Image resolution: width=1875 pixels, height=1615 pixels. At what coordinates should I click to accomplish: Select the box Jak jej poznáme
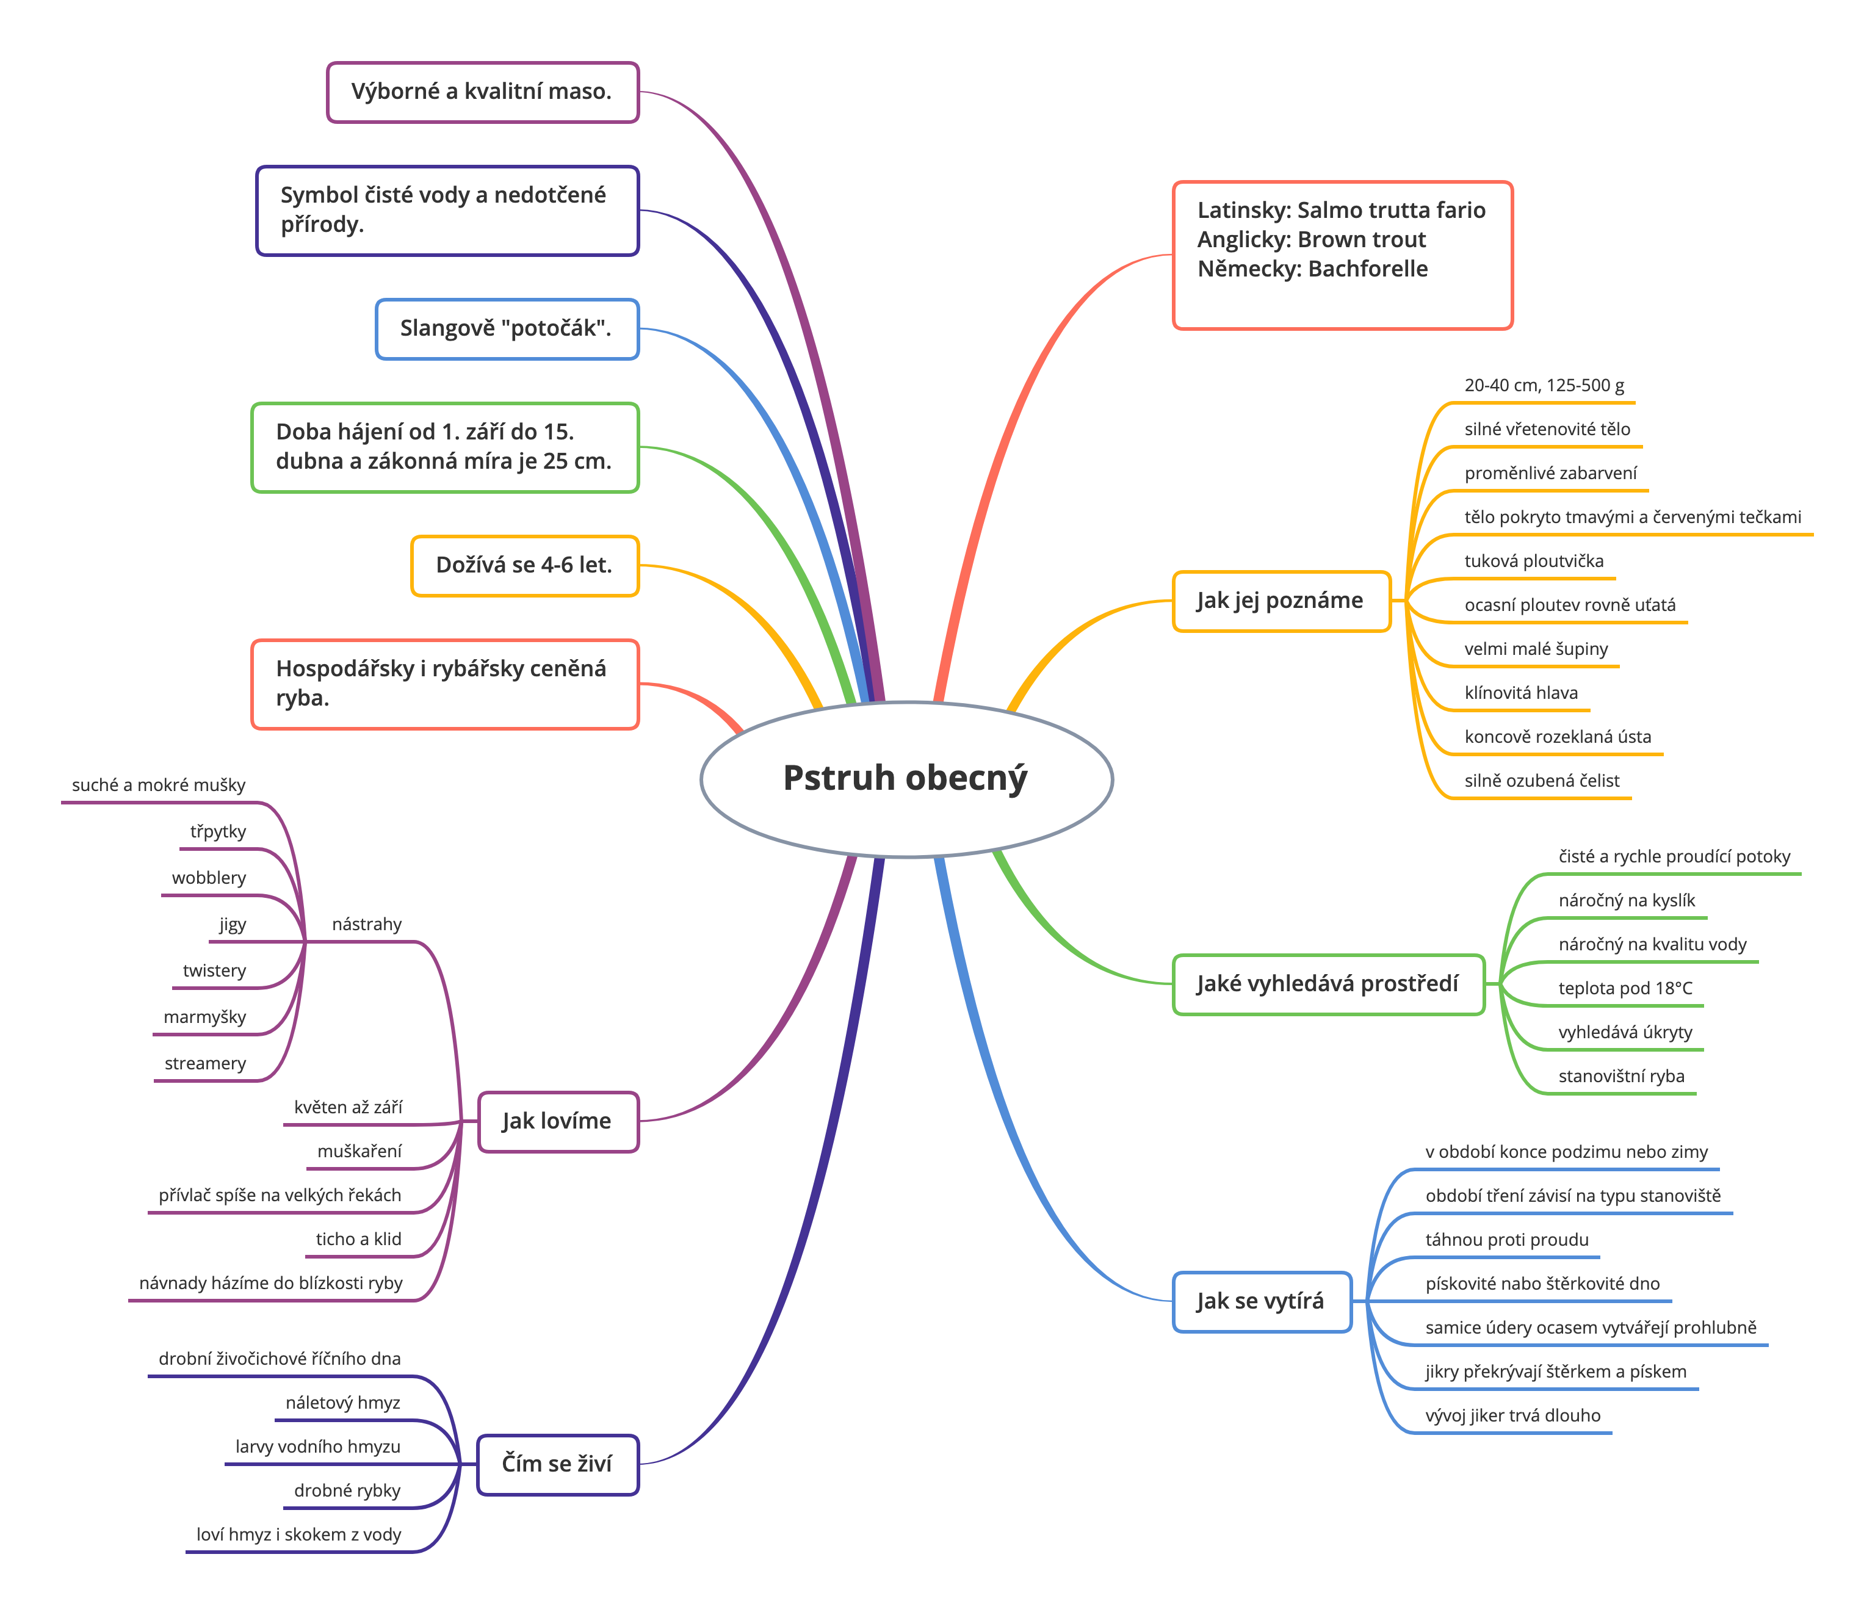pyautogui.click(x=1281, y=601)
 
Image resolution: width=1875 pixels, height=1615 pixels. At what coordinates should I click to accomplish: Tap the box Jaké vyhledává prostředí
pyautogui.click(x=1328, y=985)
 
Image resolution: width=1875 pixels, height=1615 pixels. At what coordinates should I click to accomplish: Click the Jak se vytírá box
pyautogui.click(x=1262, y=1301)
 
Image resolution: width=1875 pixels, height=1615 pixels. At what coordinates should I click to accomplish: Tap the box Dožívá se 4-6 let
pyautogui.click(x=525, y=565)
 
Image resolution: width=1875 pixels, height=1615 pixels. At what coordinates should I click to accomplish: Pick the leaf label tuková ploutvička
pyautogui.click(x=1534, y=561)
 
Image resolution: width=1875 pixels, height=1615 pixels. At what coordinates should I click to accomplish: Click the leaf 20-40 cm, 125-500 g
pyautogui.click(x=1550, y=385)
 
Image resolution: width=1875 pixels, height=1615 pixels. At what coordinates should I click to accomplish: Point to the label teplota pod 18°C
pyautogui.click(x=1625, y=988)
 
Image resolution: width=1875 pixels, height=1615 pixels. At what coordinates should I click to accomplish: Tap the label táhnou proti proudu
pyautogui.click(x=1507, y=1240)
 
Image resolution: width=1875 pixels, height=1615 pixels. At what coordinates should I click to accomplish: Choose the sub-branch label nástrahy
pyautogui.click(x=366, y=923)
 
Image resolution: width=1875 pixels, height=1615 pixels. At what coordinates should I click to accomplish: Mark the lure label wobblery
pyautogui.click(x=209, y=878)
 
